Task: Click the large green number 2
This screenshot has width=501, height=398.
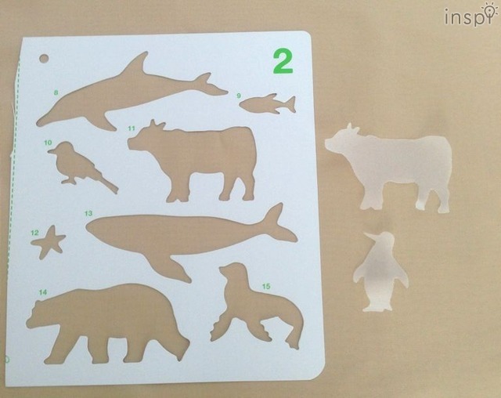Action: coord(283,62)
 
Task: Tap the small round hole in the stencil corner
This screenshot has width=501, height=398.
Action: coord(44,59)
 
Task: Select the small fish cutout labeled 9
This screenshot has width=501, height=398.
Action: coord(268,104)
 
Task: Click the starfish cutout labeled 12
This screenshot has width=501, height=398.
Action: coord(49,241)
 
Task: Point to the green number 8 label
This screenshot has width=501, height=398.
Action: coord(56,92)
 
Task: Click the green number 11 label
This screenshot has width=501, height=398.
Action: coord(132,128)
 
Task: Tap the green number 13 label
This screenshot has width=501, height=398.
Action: coord(88,213)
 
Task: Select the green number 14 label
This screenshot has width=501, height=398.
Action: coord(43,292)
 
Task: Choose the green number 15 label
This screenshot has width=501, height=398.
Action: coord(266,286)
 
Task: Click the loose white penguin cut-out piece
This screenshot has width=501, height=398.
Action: coord(380,271)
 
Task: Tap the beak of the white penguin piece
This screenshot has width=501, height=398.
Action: coord(369,236)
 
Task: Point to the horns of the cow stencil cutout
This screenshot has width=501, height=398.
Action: coord(157,124)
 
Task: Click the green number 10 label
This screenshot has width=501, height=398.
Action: coord(48,143)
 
